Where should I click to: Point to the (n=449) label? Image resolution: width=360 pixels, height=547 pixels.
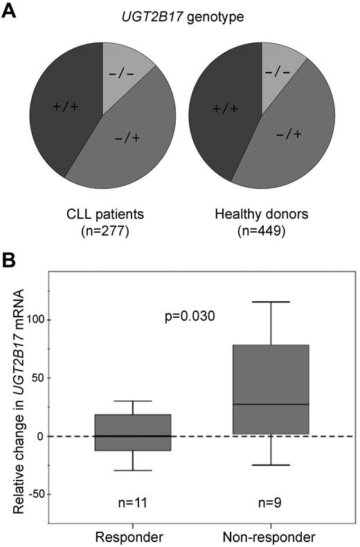(262, 226)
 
